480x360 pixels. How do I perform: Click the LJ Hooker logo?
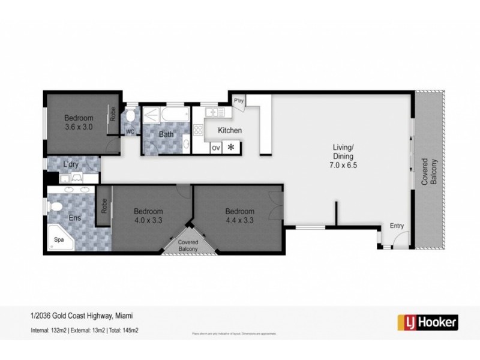click(428, 322)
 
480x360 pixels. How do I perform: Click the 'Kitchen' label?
click(229, 131)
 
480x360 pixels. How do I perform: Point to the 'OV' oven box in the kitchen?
click(216, 148)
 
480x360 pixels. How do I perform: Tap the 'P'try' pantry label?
click(238, 100)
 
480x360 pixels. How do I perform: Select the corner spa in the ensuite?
click(61, 239)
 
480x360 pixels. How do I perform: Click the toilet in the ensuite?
click(57, 207)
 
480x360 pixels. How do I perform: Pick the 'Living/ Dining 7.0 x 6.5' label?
click(346, 156)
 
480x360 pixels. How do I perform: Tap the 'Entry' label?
click(397, 226)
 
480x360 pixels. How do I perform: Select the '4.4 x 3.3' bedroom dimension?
click(239, 220)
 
